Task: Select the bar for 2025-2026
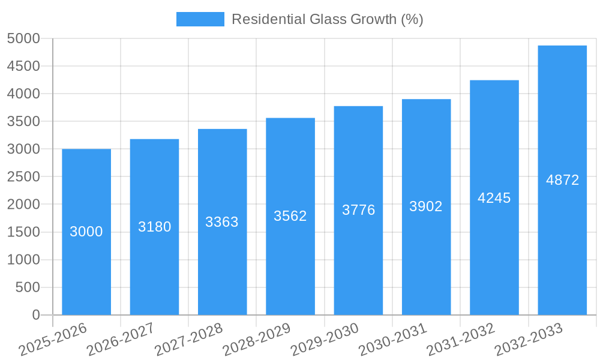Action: click(x=86, y=264)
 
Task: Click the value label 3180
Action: click(x=154, y=227)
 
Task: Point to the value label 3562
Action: click(x=290, y=216)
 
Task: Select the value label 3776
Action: click(x=358, y=210)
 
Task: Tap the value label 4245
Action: click(x=494, y=198)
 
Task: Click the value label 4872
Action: click(x=562, y=180)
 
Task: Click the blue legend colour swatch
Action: click(x=200, y=19)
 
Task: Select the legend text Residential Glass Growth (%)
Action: click(x=327, y=19)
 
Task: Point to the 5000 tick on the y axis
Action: click(x=23, y=39)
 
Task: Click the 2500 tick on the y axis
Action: click(x=23, y=177)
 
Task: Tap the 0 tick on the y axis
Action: click(x=36, y=315)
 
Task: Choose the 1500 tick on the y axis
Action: click(x=23, y=232)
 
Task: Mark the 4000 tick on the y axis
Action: click(x=23, y=94)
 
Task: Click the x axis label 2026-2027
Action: click(x=120, y=340)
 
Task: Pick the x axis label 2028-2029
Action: click(x=256, y=340)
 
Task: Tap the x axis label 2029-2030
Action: click(x=324, y=340)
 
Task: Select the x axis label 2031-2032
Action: click(x=460, y=340)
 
